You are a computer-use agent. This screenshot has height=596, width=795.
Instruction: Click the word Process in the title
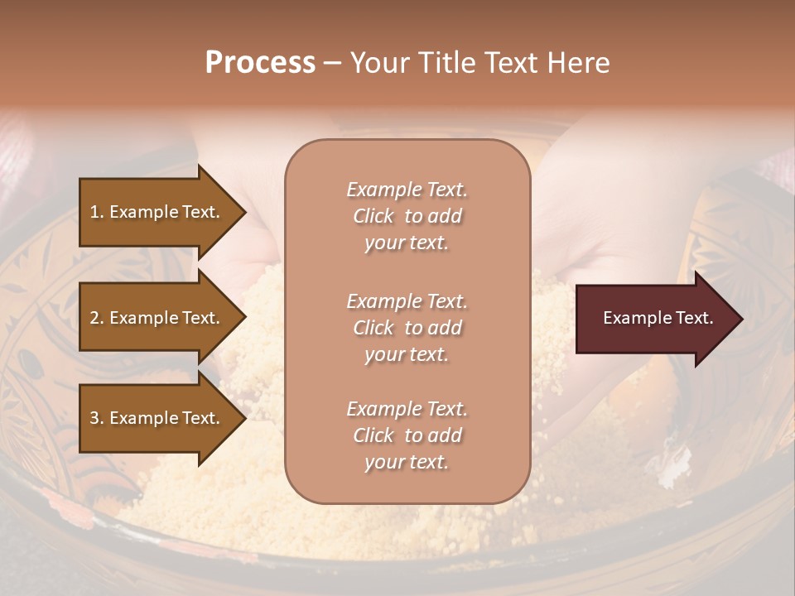pos(260,63)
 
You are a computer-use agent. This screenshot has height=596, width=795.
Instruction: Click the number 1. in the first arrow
pos(97,212)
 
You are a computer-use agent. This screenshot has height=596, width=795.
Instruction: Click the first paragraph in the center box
pos(407,216)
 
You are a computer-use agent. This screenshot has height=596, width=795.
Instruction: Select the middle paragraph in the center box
pos(407,328)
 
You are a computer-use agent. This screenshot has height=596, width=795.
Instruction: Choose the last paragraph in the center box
pos(407,435)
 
